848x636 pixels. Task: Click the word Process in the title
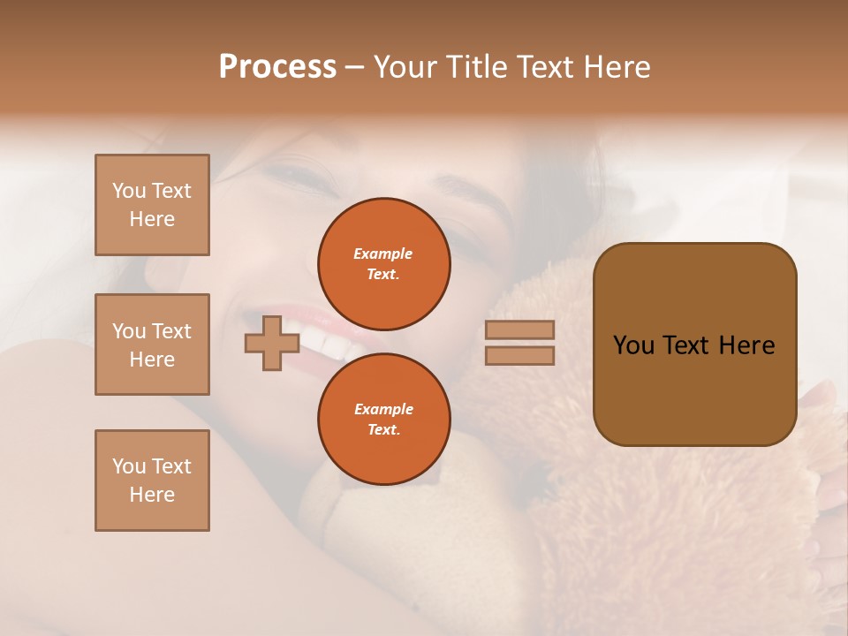pyautogui.click(x=277, y=67)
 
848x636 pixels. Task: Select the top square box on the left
pyautogui.click(x=152, y=205)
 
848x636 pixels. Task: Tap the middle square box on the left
pyautogui.click(x=152, y=344)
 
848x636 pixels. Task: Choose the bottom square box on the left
pyautogui.click(x=152, y=481)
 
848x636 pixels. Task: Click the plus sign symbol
pyautogui.click(x=272, y=343)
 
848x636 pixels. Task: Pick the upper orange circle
pyautogui.click(x=383, y=263)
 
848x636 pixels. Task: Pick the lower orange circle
pyautogui.click(x=383, y=419)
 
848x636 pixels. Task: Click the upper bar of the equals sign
pyautogui.click(x=519, y=329)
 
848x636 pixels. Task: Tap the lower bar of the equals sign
pyautogui.click(x=519, y=355)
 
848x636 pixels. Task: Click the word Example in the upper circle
pyautogui.click(x=383, y=254)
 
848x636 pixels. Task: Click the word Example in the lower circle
pyautogui.click(x=383, y=409)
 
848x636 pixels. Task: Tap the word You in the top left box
pyautogui.click(x=129, y=191)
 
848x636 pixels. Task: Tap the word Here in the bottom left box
pyautogui.click(x=152, y=495)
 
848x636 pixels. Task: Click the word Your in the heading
pyautogui.click(x=405, y=67)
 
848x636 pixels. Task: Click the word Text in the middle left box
pyautogui.click(x=170, y=331)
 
